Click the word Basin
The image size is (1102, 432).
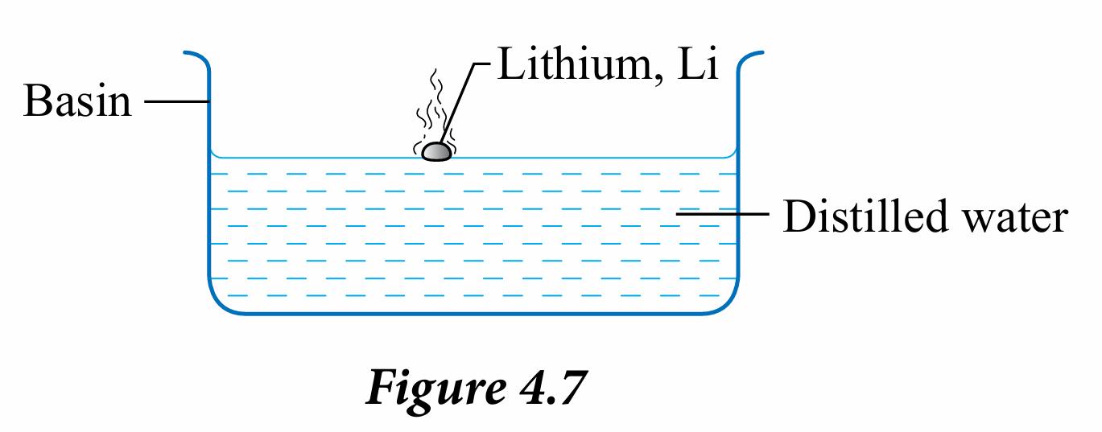(x=77, y=102)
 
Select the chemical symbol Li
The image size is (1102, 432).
(x=700, y=64)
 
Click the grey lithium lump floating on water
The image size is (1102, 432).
(x=436, y=151)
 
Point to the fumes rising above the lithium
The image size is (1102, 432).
(x=435, y=105)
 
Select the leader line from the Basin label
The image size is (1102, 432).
(x=177, y=102)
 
